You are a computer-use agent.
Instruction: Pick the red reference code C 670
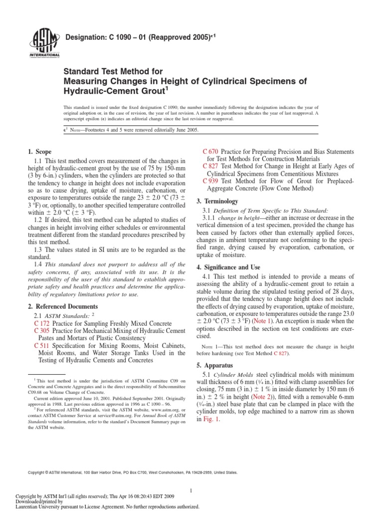[210, 151]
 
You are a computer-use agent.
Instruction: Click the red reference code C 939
[211, 181]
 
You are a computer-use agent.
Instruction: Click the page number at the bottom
[191, 477]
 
